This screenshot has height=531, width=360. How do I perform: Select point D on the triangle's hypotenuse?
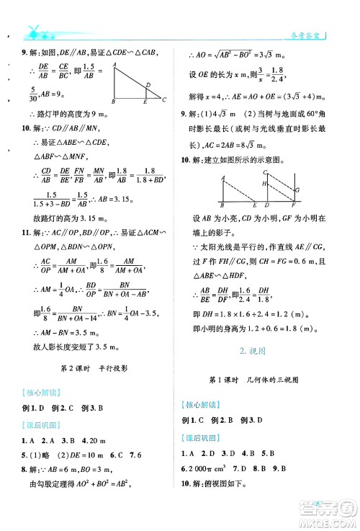pos(148,84)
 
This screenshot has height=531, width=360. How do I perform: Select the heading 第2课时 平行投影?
pos(94,367)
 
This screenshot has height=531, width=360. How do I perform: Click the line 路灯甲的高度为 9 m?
pos(72,114)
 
